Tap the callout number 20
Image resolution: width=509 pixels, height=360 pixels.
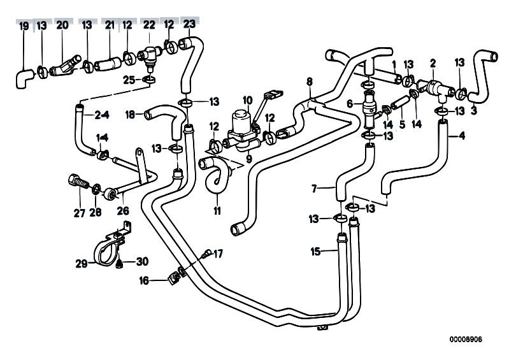62,25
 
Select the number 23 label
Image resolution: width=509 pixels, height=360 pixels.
189,24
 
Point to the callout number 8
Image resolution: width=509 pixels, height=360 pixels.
310,81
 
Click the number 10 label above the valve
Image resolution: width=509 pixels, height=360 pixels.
247,99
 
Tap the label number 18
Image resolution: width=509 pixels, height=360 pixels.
129,115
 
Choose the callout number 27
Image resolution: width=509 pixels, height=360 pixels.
79,213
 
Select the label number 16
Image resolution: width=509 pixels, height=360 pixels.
143,280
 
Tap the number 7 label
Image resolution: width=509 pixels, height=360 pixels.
315,189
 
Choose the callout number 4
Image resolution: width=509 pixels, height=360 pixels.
461,135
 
